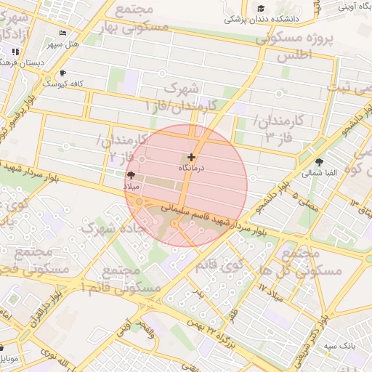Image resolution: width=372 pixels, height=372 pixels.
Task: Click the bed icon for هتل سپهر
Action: pos(63,33)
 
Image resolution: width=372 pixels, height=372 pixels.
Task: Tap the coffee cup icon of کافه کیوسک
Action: pos(63,73)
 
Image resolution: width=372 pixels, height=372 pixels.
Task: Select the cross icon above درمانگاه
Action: pos(192,157)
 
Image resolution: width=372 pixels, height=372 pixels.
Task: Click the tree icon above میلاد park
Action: pos(131,176)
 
